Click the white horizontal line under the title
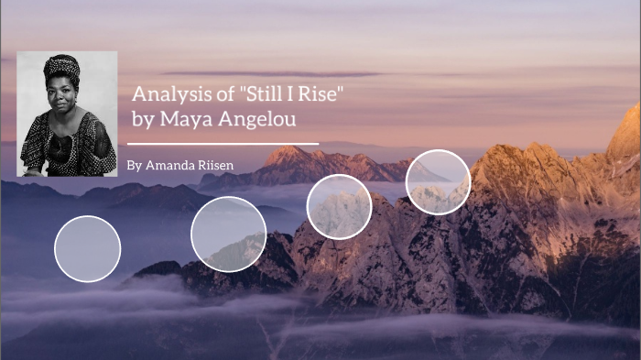pos(223,144)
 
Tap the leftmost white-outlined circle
pos(88,248)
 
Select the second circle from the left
pos(228,234)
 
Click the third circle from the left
pos(339,206)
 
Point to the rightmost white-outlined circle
pos(438,181)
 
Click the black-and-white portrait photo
pos(67,114)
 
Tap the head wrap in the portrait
pos(62,67)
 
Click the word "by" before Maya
pos(143,119)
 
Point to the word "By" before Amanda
pos(135,166)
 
